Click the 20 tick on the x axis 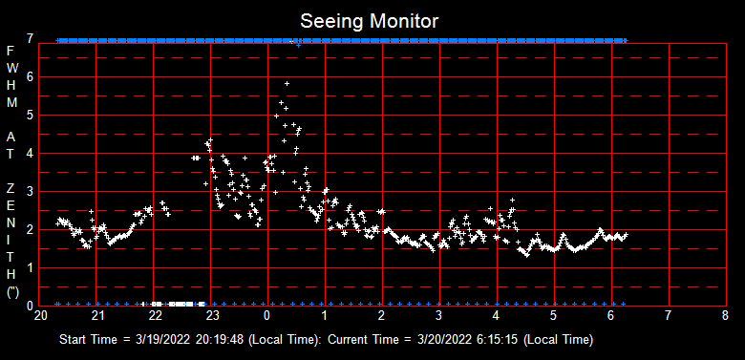(x=41, y=315)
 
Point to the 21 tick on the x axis (x=98, y=315)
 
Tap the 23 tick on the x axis (x=213, y=315)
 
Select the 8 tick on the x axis (x=725, y=315)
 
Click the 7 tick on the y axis (x=32, y=39)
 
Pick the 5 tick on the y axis (x=32, y=115)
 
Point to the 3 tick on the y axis (x=32, y=191)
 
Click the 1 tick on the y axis (x=32, y=267)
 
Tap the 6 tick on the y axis (x=32, y=76)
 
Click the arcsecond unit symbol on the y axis (x=11, y=293)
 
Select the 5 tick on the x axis (x=553, y=315)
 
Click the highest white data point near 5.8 (x=287, y=84)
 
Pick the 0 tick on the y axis (x=32, y=305)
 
